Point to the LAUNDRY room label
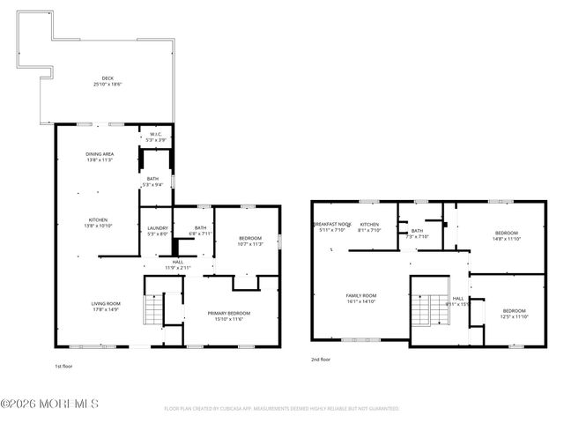(x=157, y=231)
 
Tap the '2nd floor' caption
(x=320, y=360)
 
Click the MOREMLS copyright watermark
(x=49, y=404)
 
